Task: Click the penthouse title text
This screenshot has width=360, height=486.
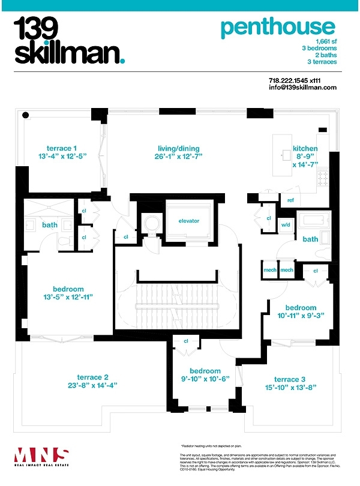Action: tap(277, 28)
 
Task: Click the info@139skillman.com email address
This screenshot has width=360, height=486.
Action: tap(302, 88)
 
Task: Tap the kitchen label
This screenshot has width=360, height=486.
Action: tap(305, 149)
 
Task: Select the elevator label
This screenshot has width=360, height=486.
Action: tap(188, 221)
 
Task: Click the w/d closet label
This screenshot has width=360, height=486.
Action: tap(286, 225)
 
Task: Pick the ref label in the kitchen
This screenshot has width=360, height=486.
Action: tap(290, 200)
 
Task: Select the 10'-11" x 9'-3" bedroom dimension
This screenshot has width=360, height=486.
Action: tap(301, 316)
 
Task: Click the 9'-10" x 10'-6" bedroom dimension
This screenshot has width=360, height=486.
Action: tap(205, 379)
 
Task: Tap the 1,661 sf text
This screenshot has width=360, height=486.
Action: tap(325, 40)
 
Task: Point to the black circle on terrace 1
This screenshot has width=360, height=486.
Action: tap(26, 115)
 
